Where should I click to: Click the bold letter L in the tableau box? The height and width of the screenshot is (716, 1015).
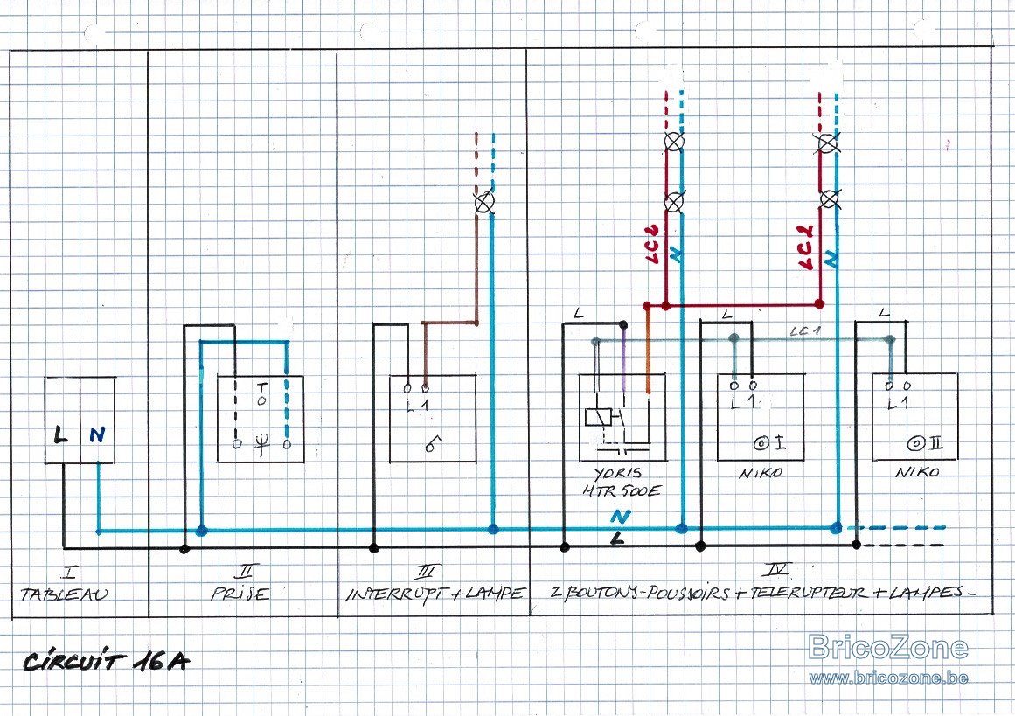[60, 434]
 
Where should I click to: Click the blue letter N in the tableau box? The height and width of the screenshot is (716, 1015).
[97, 434]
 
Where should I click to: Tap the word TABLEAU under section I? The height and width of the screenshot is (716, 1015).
[64, 594]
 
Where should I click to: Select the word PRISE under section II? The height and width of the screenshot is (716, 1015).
[240, 593]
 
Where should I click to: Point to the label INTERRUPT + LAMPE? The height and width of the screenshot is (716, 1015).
[435, 593]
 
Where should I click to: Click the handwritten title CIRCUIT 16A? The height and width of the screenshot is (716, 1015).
[106, 661]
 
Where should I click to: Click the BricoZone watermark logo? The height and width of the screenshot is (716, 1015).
[888, 648]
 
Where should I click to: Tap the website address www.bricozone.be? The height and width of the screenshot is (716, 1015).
[888, 678]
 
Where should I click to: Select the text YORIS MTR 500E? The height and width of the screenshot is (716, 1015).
[621, 483]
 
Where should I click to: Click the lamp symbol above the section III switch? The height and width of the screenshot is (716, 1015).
[484, 204]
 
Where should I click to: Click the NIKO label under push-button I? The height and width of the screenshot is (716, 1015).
[761, 473]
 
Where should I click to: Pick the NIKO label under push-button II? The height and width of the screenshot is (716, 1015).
[917, 473]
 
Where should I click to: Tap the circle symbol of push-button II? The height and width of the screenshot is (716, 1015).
[916, 444]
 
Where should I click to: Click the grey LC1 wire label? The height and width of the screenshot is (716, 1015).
[804, 331]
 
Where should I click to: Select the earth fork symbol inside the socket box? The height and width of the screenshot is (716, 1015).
[261, 445]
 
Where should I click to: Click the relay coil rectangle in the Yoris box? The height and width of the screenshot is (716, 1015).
[597, 418]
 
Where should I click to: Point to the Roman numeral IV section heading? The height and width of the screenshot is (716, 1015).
[775, 570]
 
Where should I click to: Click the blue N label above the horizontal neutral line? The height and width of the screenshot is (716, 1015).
[620, 517]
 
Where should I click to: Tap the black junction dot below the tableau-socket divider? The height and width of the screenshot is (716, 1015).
[184, 549]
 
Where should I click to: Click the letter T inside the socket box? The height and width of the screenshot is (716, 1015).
[261, 388]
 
